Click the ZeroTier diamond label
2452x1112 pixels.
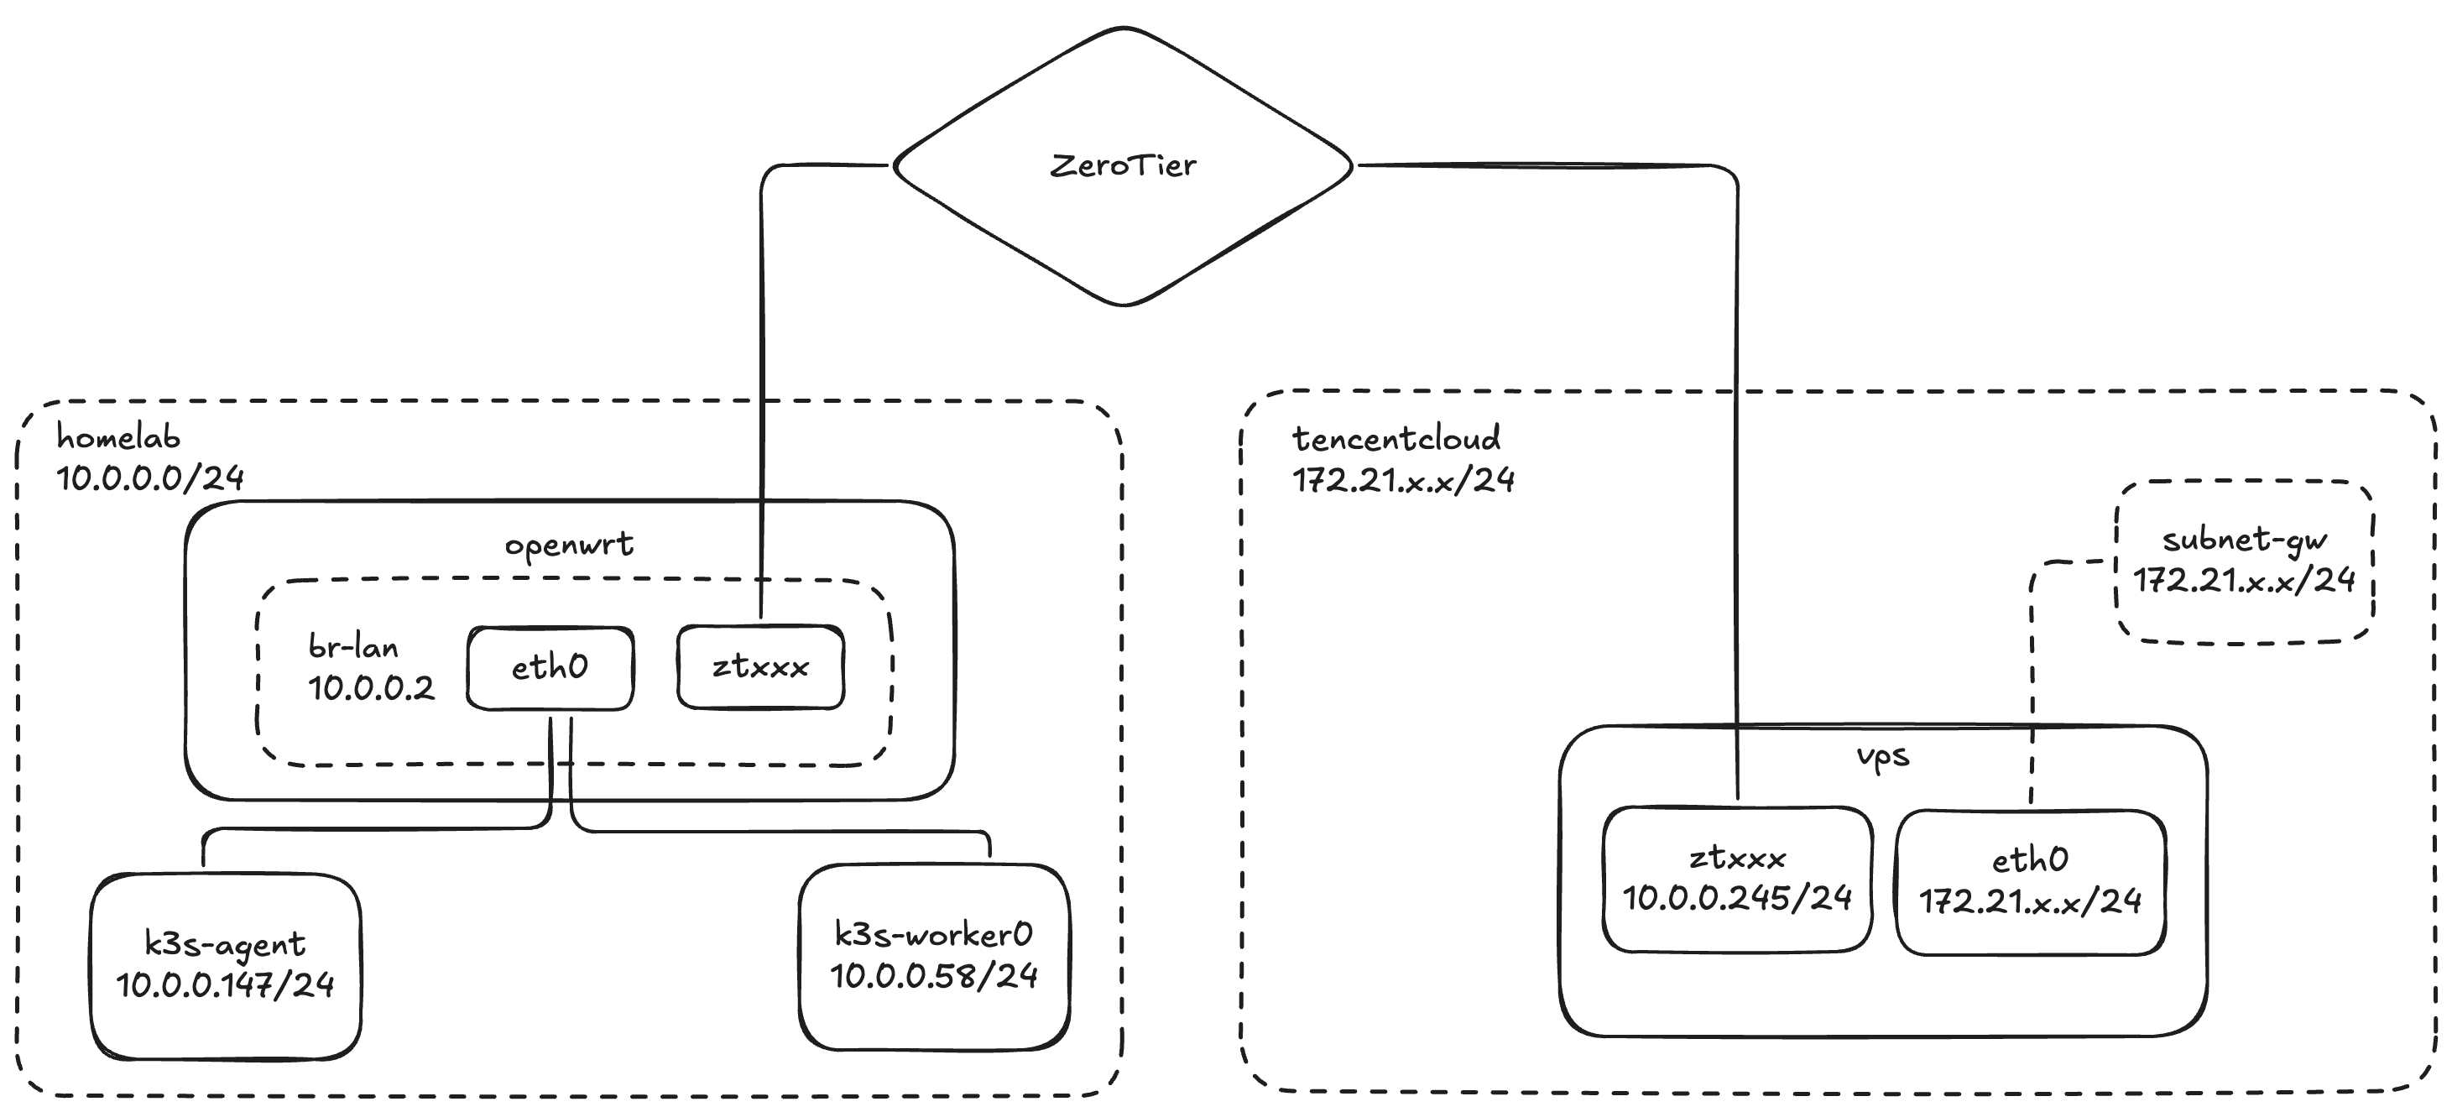click(1122, 165)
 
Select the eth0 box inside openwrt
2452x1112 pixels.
click(550, 667)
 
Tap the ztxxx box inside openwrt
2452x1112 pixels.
click(759, 666)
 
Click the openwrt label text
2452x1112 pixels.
click(568, 545)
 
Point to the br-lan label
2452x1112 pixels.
click(353, 647)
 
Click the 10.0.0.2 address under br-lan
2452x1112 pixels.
click(370, 687)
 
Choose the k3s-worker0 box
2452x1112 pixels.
click(934, 956)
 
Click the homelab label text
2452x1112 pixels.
click(118, 437)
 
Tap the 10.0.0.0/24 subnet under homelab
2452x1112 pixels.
click(150, 477)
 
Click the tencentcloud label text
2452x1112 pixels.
click(1396, 439)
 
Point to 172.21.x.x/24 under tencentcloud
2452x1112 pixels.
click(1403, 480)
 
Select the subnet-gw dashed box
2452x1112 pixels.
click(2244, 561)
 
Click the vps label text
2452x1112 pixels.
click(1882, 757)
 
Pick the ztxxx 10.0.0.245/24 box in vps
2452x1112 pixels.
click(1736, 879)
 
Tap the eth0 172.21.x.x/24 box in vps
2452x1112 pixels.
click(2029, 881)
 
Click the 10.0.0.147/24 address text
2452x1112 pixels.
click(226, 984)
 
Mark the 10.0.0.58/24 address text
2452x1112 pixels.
click(934, 976)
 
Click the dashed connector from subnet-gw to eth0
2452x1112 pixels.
click(2032, 666)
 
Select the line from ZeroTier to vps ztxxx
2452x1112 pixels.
click(1737, 476)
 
